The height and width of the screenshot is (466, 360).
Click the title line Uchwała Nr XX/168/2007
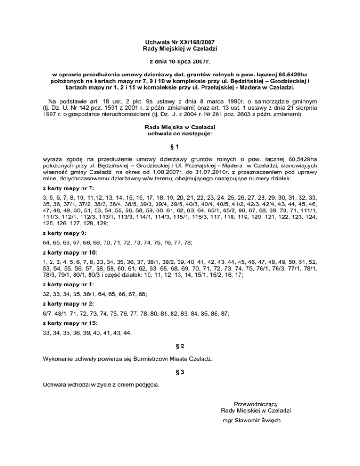(x=180, y=42)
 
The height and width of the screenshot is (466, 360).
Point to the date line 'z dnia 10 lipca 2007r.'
(x=180, y=61)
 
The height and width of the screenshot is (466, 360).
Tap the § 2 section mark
(x=180, y=346)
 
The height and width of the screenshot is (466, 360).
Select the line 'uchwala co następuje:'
(x=180, y=134)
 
